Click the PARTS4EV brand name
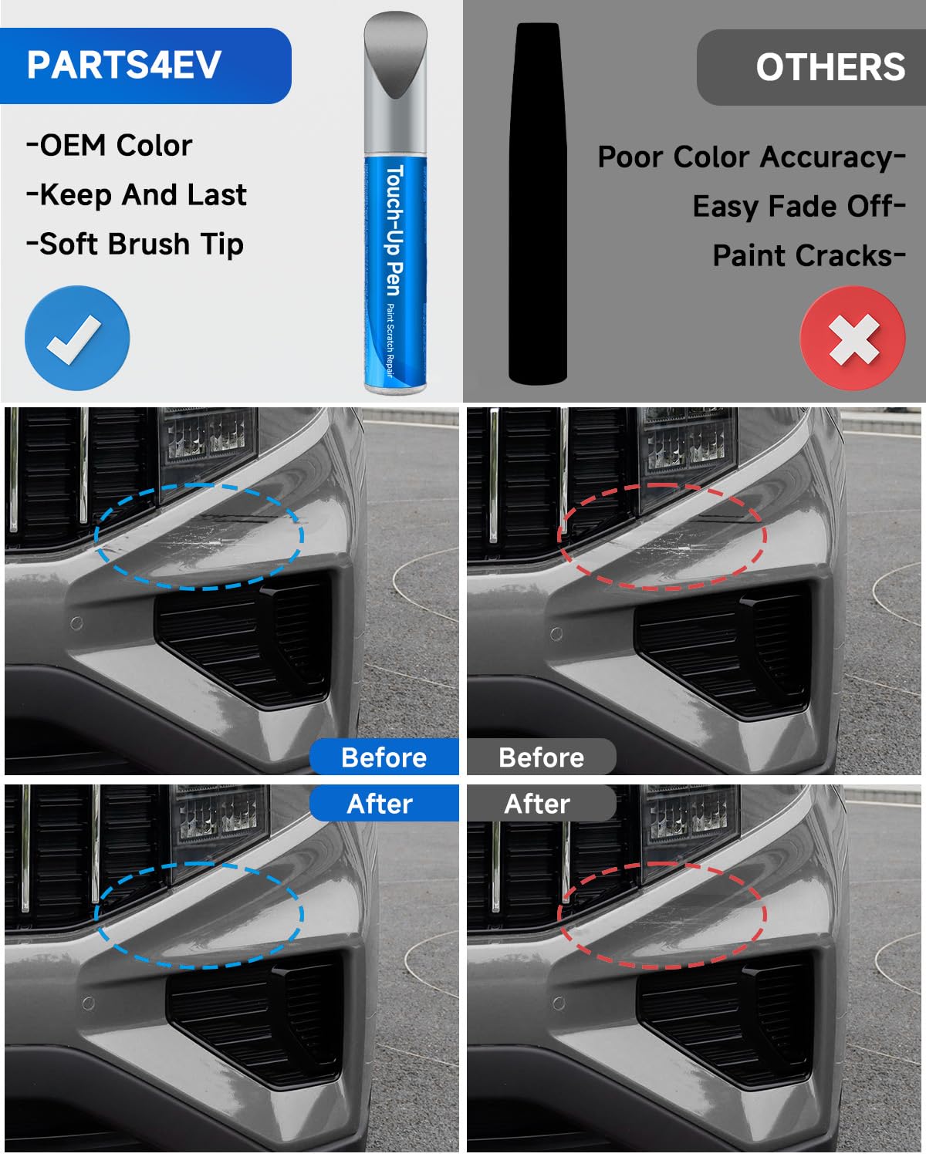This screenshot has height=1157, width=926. point(124,65)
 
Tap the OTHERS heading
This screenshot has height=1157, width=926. point(830,68)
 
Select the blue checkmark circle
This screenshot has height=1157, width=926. point(77,338)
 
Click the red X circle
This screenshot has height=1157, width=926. point(852,338)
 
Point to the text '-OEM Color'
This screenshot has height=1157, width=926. point(110,145)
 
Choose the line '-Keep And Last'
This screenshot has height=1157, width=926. point(137,194)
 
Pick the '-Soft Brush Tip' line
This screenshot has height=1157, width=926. point(135,244)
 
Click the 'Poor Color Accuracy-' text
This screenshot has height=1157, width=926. point(751,157)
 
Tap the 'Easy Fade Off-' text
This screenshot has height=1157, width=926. point(798,207)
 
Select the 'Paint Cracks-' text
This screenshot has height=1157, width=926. point(808,255)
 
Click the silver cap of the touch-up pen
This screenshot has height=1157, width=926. point(395,81)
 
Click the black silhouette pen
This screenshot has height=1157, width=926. point(538,202)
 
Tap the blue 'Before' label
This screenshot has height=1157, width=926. point(384,757)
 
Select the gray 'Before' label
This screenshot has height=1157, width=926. point(541,757)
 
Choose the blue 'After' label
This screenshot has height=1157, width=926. point(380,804)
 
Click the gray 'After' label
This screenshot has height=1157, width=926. point(537,804)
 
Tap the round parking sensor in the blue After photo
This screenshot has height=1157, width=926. point(89,1003)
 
